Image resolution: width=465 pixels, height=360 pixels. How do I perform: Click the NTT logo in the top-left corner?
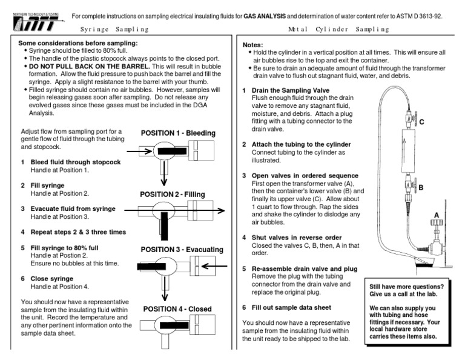[32, 21]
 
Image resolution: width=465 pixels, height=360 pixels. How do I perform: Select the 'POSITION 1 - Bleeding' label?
[178, 133]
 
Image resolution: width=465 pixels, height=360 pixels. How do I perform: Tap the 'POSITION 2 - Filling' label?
[173, 195]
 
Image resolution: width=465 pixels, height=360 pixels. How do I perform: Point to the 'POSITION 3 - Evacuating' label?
[182, 250]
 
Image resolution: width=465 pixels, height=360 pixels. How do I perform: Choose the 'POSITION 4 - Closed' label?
[177, 308]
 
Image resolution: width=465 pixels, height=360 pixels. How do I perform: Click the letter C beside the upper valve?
[421, 121]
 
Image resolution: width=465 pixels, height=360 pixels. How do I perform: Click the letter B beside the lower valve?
[420, 188]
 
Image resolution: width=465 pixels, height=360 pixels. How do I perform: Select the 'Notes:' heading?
[254, 45]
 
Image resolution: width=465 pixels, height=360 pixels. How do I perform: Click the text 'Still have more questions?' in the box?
[407, 286]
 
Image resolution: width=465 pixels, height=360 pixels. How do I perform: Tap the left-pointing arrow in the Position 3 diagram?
[212, 265]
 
